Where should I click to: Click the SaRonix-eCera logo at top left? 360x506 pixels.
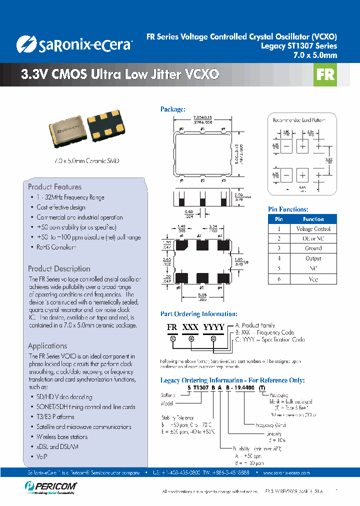tap(74, 44)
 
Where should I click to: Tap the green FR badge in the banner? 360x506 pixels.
tap(325, 74)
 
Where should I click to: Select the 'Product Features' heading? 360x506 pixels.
tap(54, 186)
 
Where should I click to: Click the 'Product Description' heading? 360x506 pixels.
tap(59, 268)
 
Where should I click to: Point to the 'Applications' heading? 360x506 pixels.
tap(47, 345)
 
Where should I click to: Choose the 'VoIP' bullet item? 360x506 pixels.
tap(42, 456)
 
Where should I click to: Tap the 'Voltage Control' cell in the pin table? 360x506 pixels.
tap(313, 229)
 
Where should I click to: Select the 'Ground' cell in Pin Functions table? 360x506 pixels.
tap(313, 248)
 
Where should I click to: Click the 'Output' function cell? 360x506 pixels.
tap(313, 258)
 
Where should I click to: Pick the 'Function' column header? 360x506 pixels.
tap(313, 219)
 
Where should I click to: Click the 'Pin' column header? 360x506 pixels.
tap(279, 219)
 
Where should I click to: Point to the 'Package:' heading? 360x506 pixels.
tap(172, 109)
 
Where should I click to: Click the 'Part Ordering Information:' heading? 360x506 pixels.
tap(198, 314)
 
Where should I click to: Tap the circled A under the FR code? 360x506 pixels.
tap(173, 338)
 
